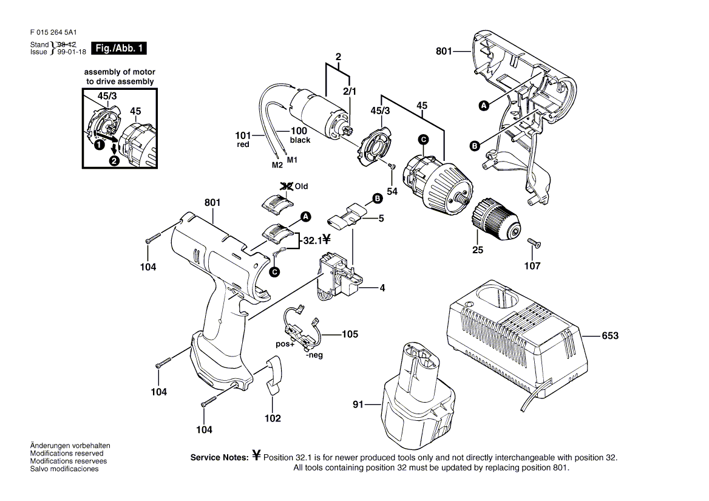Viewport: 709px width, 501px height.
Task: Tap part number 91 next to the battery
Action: [x=359, y=403]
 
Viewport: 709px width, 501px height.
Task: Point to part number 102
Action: [x=273, y=418]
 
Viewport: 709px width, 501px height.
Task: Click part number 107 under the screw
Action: [x=532, y=265]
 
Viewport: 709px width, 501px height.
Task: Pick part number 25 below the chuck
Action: [x=477, y=250]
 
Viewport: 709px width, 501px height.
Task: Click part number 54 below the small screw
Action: [x=392, y=191]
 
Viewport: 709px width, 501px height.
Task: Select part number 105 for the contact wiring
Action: [x=350, y=334]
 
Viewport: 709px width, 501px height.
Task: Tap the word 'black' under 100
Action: [x=300, y=140]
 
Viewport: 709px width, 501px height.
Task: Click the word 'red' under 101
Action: [x=243, y=145]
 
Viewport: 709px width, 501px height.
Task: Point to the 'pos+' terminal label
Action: [x=285, y=344]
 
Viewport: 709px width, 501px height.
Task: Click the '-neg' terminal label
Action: [x=314, y=355]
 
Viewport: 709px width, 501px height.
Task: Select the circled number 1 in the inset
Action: [x=97, y=145]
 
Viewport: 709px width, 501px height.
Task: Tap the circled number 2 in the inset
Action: [x=114, y=161]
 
